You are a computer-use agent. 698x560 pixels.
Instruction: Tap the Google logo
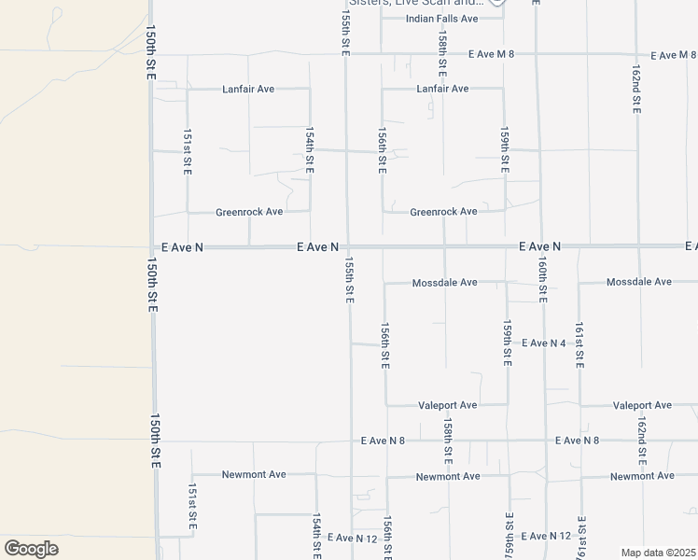tap(31, 549)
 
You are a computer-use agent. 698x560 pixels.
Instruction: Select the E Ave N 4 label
tap(544, 343)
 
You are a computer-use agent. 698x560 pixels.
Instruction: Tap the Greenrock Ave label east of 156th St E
tap(443, 212)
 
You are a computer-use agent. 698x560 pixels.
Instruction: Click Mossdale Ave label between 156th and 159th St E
tap(444, 282)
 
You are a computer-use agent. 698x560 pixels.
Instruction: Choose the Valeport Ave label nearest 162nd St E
tap(642, 405)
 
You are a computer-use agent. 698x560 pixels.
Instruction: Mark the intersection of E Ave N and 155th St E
tap(347, 247)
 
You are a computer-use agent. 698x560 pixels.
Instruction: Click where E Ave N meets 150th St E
tap(150, 247)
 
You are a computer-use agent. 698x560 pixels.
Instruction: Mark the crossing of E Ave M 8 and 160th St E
tap(537, 54)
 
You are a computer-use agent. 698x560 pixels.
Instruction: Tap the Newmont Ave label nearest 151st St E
tap(254, 474)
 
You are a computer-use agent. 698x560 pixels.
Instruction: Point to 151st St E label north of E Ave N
tap(188, 151)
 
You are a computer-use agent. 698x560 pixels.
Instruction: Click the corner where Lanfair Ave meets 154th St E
tap(310, 90)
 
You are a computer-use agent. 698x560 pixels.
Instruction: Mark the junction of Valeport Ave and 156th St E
tap(386, 405)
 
